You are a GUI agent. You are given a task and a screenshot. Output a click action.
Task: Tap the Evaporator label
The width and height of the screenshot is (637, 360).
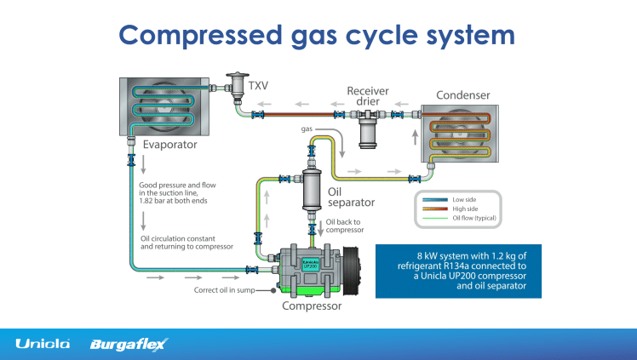(170, 145)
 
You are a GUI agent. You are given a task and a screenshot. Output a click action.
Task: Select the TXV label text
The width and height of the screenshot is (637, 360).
(258, 84)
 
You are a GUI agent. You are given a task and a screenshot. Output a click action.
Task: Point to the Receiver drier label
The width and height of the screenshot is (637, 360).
(368, 96)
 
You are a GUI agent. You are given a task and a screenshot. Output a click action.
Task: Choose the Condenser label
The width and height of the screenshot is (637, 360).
(462, 94)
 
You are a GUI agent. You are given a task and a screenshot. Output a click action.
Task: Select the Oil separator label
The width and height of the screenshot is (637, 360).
(347, 197)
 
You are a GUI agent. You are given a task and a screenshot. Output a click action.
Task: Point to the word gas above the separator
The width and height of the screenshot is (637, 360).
(311, 129)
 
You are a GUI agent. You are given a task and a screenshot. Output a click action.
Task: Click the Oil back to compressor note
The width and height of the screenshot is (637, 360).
(345, 226)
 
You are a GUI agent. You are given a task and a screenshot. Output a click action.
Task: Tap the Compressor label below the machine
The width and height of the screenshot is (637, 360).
(313, 306)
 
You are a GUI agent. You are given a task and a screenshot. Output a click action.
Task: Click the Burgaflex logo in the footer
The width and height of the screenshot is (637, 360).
(129, 344)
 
